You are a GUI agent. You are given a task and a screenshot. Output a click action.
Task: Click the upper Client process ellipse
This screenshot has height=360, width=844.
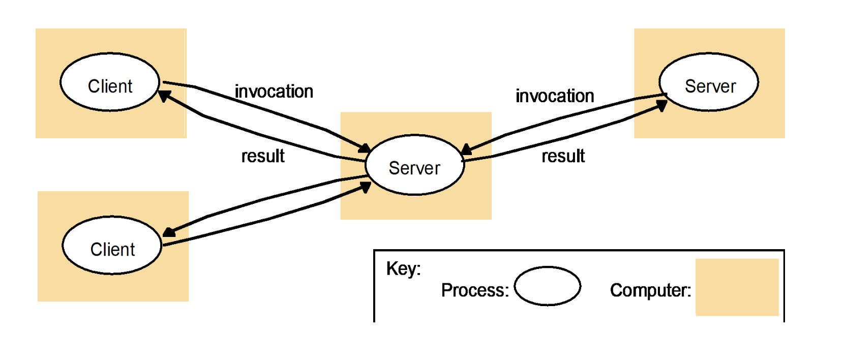coord(110,82)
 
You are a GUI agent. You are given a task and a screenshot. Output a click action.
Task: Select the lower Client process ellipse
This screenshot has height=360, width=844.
coord(112,246)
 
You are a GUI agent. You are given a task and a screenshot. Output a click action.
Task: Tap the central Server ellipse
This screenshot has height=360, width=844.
coord(414,165)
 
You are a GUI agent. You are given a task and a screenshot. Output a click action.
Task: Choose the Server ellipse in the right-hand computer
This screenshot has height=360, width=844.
coord(709,82)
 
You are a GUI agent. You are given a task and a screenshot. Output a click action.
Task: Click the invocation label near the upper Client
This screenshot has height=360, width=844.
coord(274,92)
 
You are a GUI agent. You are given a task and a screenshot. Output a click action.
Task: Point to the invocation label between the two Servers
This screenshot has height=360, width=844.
coord(555,96)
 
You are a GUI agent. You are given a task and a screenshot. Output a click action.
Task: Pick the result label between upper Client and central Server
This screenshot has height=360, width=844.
coord(263,156)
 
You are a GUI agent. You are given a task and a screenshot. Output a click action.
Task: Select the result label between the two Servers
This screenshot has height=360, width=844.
coord(563,156)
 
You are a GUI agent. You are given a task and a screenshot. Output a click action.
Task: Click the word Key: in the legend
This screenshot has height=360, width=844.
coord(403,268)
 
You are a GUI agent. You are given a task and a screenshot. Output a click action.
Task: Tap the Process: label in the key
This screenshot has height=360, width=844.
coord(475,290)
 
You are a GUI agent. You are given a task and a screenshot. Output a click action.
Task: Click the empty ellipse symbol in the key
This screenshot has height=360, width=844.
coord(547,286)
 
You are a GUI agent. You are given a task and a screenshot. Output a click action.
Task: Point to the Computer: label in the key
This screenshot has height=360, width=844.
coord(650,290)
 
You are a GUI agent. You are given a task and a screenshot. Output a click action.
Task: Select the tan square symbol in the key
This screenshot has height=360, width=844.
coord(737,287)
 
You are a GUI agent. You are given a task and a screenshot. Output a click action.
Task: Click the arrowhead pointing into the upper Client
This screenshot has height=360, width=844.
coord(164,95)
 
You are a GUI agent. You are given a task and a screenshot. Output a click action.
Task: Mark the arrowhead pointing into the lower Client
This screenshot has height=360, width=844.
coord(169,232)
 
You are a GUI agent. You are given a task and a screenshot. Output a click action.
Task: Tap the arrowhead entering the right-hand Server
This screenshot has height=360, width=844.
coord(661,105)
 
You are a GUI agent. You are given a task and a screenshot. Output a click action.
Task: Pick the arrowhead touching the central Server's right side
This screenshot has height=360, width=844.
coord(466,149)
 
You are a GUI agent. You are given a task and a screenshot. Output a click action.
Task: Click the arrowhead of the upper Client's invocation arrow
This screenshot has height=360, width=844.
coord(365,148)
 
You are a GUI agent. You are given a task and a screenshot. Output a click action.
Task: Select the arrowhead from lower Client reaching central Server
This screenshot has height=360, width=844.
coord(365,187)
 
